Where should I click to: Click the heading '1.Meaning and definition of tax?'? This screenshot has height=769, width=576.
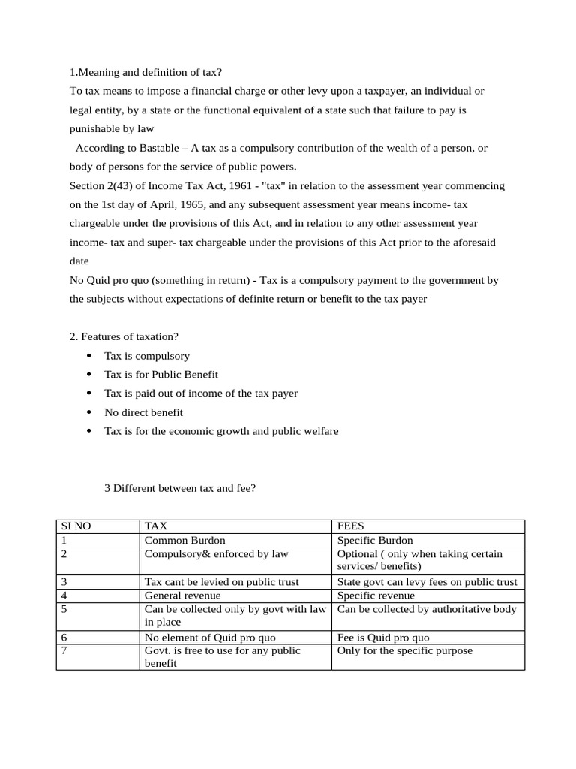(145, 72)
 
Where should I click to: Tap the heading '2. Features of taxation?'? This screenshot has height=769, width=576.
(124, 336)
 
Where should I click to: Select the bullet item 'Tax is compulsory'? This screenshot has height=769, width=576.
(147, 356)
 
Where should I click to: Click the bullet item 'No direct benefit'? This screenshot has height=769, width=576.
(143, 412)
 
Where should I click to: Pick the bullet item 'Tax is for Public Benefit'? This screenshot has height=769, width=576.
(161, 374)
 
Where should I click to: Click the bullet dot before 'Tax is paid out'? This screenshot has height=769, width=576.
(89, 393)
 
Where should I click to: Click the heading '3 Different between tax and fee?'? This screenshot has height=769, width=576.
(180, 488)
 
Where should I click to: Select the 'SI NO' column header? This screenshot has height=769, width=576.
(76, 526)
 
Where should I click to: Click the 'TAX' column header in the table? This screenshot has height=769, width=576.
(156, 526)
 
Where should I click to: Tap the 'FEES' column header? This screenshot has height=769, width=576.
(350, 526)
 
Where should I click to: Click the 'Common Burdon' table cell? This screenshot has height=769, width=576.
(184, 540)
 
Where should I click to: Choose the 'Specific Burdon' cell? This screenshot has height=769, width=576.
(375, 540)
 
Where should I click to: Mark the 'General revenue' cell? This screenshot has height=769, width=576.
(182, 596)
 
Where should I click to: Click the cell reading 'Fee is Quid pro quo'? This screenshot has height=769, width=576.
(383, 638)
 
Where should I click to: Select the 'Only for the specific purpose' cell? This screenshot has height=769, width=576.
(405, 650)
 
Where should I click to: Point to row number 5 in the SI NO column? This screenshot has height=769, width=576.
(64, 609)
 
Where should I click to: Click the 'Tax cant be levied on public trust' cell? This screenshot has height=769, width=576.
(221, 582)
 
